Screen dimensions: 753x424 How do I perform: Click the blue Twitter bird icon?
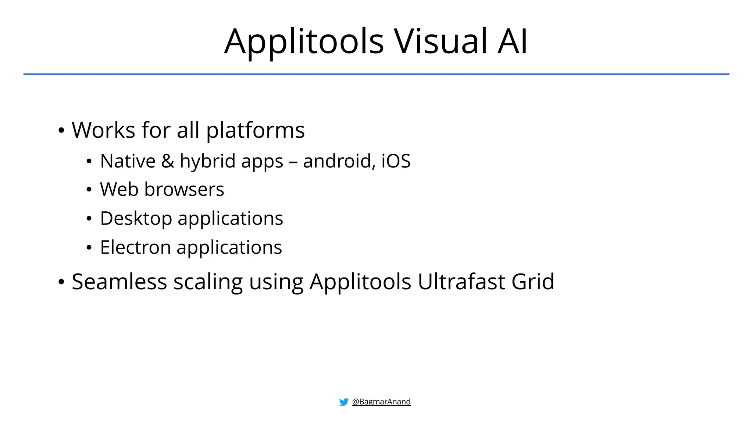[x=344, y=402]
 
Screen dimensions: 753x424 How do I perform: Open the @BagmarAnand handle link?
[x=381, y=402]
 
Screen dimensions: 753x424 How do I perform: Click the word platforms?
[x=256, y=131]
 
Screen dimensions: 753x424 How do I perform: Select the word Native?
[x=128, y=161]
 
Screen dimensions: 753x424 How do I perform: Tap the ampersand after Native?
[x=168, y=161]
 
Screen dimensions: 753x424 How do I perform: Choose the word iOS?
[x=396, y=161]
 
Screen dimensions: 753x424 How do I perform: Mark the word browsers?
[x=184, y=190]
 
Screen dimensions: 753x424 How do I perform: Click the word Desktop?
[x=136, y=219]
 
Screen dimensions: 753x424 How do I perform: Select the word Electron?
[x=135, y=247]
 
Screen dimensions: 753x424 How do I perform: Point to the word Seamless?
[x=119, y=282]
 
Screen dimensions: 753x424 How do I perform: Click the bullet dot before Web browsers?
[x=89, y=190]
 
